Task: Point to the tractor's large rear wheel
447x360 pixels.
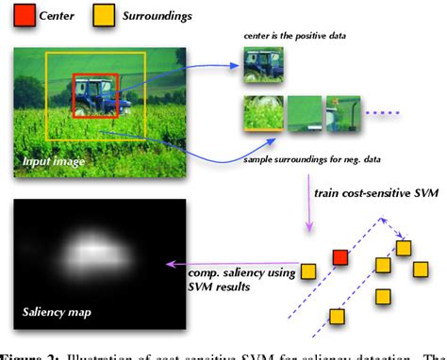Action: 82,103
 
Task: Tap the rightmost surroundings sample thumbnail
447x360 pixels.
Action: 346,113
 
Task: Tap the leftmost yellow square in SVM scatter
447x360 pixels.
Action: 307,273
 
